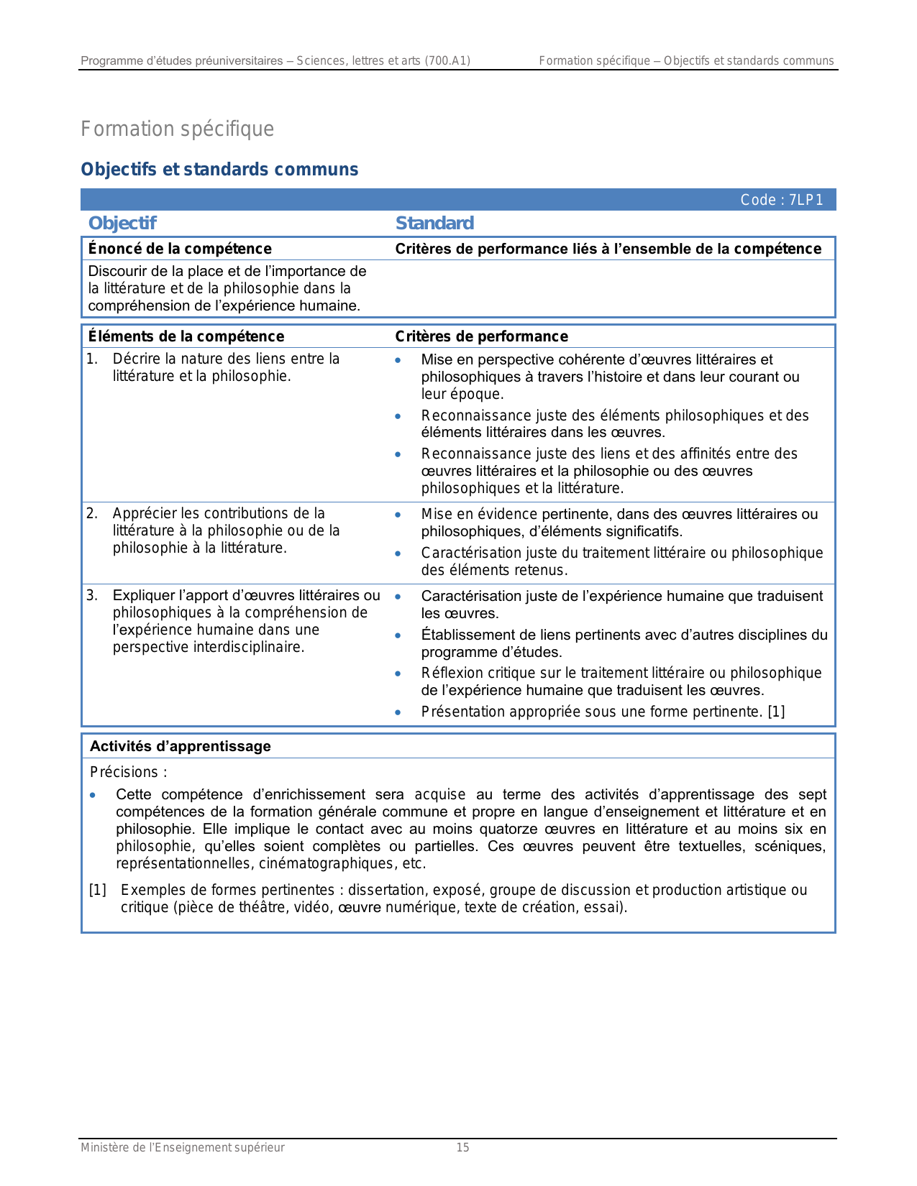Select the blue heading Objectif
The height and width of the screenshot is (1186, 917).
[x=122, y=224]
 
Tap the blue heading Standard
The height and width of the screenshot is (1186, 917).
[x=434, y=224]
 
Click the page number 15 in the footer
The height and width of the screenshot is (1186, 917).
[x=462, y=1148]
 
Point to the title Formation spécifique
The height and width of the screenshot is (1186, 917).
[x=177, y=129]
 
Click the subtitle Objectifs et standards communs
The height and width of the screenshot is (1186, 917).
[x=219, y=170]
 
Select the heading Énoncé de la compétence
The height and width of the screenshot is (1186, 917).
[x=180, y=249]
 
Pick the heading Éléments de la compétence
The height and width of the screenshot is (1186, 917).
[x=186, y=336]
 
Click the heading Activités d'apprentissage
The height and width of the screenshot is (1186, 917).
[x=181, y=746]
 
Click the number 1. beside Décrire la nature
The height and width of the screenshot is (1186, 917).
[x=92, y=359]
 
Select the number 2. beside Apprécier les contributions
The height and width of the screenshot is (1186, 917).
[x=92, y=513]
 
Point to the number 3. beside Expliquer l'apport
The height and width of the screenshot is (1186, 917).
[x=92, y=595]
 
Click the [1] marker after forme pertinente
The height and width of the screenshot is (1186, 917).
[x=776, y=712]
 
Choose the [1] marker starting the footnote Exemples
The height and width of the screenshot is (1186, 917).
[x=98, y=891]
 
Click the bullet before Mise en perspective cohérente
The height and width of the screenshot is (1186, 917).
[x=398, y=360]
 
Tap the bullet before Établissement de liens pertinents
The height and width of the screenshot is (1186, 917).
[x=398, y=635]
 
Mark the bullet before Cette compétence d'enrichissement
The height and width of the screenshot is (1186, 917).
[x=93, y=796]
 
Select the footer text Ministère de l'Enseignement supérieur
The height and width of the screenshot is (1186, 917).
[x=183, y=1148]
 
